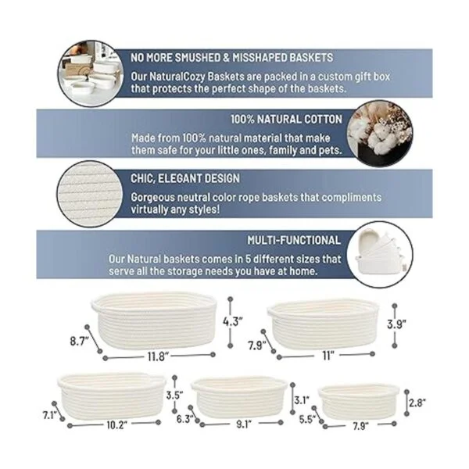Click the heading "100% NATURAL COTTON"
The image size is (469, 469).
(286, 120)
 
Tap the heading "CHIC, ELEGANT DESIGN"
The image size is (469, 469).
(185, 178)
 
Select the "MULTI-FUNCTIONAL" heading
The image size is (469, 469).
(294, 240)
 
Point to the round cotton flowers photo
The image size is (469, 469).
(380, 133)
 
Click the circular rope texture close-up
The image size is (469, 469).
(90, 194)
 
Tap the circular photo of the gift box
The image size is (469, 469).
(91, 73)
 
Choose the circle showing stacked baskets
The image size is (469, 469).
(380, 255)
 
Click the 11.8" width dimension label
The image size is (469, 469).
(158, 356)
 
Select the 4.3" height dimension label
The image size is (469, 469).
(232, 321)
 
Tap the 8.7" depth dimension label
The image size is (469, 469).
(80, 341)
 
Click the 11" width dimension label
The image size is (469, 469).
(328, 356)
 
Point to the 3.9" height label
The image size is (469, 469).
(396, 324)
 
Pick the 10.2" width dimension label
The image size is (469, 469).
(117, 424)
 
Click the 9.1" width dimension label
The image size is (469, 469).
(244, 424)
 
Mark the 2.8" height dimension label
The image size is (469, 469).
(417, 403)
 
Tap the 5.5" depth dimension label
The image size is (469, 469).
(307, 419)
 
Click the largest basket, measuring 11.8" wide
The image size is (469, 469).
(154, 320)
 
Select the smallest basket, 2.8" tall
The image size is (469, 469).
(358, 403)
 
